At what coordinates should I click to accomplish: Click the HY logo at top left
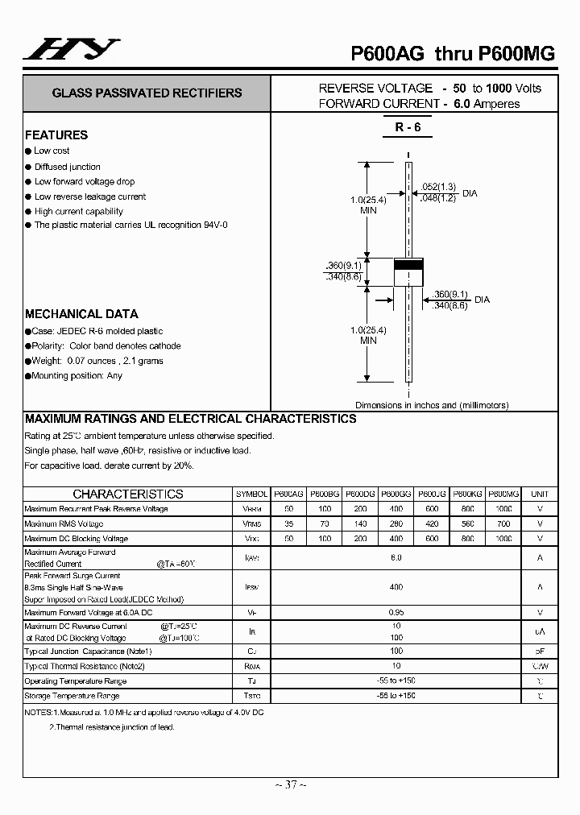[71, 50]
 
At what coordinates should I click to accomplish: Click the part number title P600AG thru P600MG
[453, 53]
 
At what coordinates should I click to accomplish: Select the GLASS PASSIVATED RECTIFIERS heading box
[147, 93]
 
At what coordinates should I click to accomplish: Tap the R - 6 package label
[408, 127]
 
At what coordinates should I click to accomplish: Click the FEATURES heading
[56, 135]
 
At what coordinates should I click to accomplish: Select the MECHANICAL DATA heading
[81, 314]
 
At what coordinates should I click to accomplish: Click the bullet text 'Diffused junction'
[68, 167]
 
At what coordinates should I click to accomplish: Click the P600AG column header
[288, 494]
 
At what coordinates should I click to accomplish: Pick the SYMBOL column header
[251, 494]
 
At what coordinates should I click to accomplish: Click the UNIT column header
[540, 494]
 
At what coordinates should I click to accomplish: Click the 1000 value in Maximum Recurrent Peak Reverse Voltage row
[503, 509]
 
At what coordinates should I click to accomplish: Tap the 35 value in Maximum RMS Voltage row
[288, 523]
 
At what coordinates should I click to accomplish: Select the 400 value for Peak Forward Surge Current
[396, 587]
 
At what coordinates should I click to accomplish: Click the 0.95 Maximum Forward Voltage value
[396, 612]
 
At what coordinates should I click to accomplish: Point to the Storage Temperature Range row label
[72, 696]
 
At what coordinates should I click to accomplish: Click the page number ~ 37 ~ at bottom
[290, 784]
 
